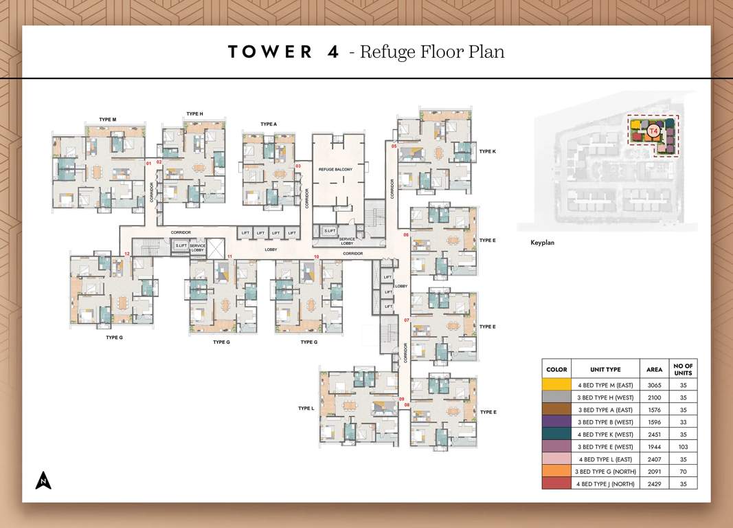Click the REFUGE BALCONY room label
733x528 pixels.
tap(335, 168)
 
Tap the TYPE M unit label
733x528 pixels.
tap(107, 120)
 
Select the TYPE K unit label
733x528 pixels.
tap(487, 151)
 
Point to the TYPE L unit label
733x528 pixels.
tap(306, 408)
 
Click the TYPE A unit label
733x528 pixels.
tap(269, 124)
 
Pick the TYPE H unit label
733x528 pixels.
tap(194, 114)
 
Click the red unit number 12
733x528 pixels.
tap(127, 255)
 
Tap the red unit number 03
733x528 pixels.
tap(298, 166)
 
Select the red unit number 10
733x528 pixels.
tap(317, 257)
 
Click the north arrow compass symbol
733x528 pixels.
tap(43, 481)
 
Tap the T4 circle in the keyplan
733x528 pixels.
tap(653, 129)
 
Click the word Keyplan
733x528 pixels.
tap(543, 243)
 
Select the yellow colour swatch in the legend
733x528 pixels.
tap(556, 385)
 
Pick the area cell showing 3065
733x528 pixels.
tap(654, 385)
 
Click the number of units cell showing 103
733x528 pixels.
tap(683, 447)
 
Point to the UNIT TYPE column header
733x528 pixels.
tap(605, 369)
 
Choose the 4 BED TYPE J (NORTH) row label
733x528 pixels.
tap(605, 483)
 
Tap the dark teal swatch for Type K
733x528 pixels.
tap(556, 434)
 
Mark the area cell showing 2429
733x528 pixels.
tap(654, 483)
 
